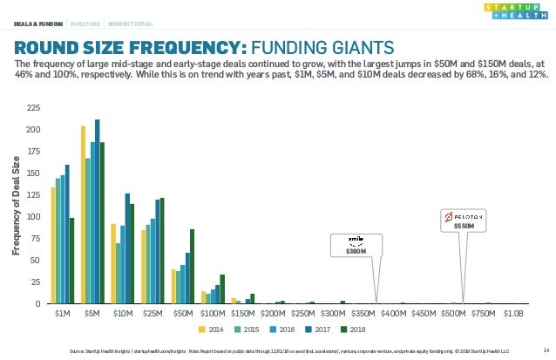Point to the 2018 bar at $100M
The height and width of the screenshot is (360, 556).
[222, 289]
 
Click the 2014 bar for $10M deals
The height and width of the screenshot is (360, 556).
[113, 264]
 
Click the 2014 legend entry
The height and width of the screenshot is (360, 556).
[212, 329]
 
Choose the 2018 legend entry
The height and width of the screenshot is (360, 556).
[353, 329]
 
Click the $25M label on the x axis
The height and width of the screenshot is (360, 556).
[153, 313]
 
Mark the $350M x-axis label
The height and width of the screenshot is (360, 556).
[363, 313]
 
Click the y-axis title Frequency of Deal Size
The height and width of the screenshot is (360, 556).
[17, 206]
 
